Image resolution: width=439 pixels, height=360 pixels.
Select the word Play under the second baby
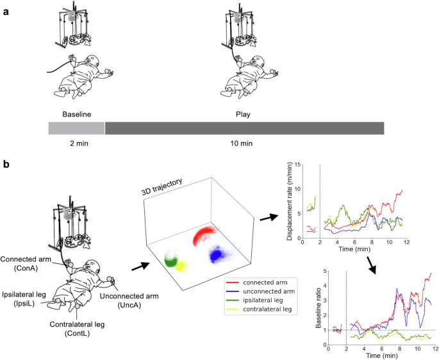pos(244,114)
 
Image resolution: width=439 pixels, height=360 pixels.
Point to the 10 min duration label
pos(244,143)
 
